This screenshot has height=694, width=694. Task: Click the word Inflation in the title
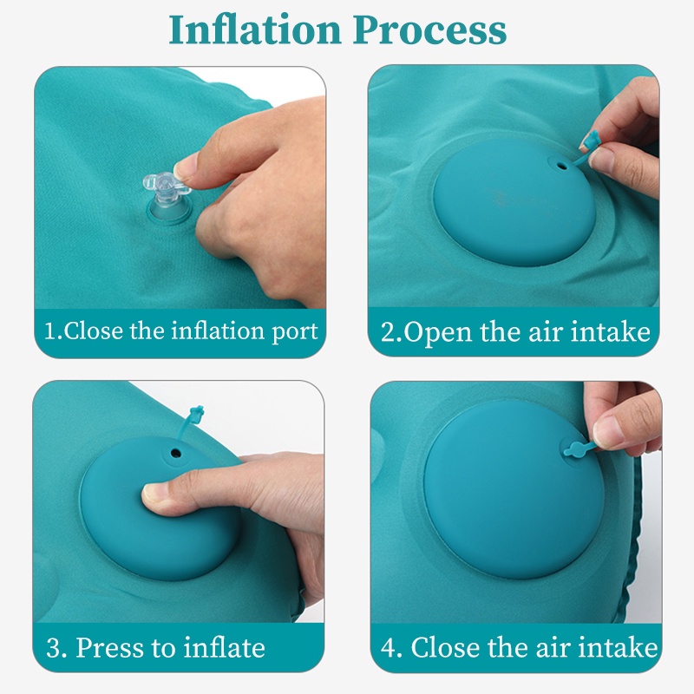[x=255, y=29]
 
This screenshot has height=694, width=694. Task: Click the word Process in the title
[x=429, y=29]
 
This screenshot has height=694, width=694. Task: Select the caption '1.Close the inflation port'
[x=181, y=331]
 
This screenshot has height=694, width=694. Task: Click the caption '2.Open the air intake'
[x=515, y=332]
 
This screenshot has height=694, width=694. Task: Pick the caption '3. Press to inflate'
[x=155, y=648]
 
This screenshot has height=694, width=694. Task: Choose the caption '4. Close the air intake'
[x=519, y=648]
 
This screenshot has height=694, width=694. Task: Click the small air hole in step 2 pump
[x=561, y=167]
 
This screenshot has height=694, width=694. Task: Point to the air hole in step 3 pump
[x=176, y=453]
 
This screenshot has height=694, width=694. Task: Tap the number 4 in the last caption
[x=388, y=648]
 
